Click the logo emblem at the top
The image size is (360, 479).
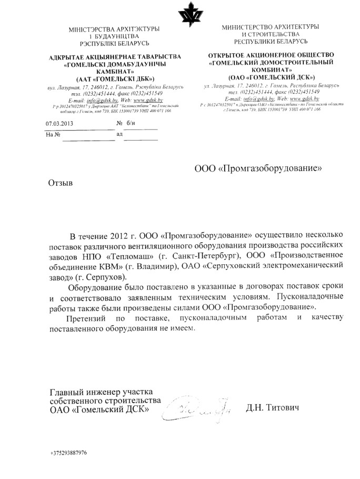(188, 16)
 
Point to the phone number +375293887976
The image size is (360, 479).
(69, 453)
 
